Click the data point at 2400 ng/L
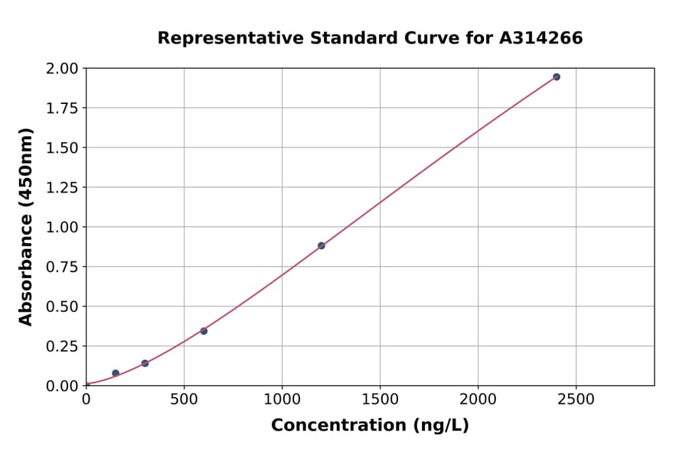(x=557, y=77)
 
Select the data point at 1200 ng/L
(x=322, y=245)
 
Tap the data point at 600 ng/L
(x=204, y=331)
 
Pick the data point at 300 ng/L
(x=145, y=363)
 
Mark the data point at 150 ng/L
(x=116, y=373)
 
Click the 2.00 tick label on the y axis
(x=61, y=69)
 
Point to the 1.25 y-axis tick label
(x=61, y=187)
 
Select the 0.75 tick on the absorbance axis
(x=61, y=267)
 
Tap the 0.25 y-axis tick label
(x=61, y=346)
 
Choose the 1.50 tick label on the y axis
(x=61, y=148)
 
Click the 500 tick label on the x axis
(x=184, y=399)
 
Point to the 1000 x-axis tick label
(x=282, y=399)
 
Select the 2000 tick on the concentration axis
(x=478, y=399)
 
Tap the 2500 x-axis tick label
(x=576, y=399)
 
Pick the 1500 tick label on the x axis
(x=380, y=399)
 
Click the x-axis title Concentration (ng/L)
(x=370, y=425)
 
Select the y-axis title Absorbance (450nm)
(x=26, y=227)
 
